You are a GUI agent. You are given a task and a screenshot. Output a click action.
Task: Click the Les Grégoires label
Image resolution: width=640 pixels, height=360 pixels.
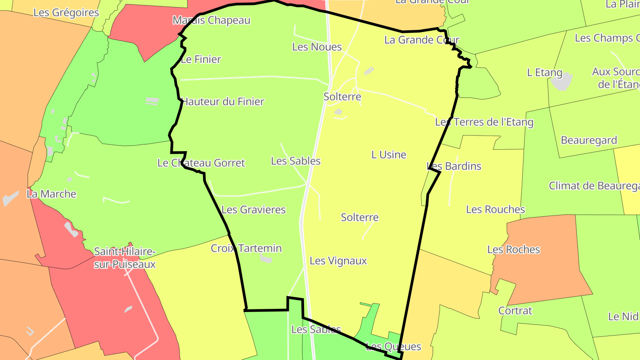pyautogui.click(x=66, y=12)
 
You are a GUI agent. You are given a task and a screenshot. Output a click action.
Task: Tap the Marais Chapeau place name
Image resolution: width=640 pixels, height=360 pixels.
pyautogui.click(x=212, y=20)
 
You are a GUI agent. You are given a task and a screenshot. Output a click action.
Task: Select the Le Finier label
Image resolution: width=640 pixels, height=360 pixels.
pyautogui.click(x=201, y=59)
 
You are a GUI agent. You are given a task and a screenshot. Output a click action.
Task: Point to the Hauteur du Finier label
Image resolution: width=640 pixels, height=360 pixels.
pyautogui.click(x=223, y=102)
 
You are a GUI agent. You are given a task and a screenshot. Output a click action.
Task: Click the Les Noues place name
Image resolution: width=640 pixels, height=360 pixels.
pyautogui.click(x=317, y=47)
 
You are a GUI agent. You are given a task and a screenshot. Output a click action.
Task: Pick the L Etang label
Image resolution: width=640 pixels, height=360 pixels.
pyautogui.click(x=544, y=72)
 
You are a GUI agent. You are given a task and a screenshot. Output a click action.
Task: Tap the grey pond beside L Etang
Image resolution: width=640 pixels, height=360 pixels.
pyautogui.click(x=561, y=81)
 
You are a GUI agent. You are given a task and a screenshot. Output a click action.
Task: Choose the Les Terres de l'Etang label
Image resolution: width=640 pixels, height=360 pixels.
pyautogui.click(x=484, y=122)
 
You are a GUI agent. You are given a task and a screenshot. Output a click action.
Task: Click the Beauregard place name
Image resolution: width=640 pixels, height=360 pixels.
pyautogui.click(x=589, y=140)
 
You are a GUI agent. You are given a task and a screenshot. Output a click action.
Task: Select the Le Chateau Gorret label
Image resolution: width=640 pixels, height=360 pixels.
pyautogui.click(x=201, y=163)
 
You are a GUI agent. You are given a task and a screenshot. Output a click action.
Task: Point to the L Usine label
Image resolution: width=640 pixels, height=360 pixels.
pyautogui.click(x=389, y=155)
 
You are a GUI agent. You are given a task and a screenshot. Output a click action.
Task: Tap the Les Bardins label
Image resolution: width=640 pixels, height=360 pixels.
pyautogui.click(x=454, y=166)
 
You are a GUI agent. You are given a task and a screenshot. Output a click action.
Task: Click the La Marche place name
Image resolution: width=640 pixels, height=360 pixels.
pyautogui.click(x=52, y=194)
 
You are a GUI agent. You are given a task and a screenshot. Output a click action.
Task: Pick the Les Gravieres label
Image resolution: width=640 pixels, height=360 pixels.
pyautogui.click(x=253, y=210)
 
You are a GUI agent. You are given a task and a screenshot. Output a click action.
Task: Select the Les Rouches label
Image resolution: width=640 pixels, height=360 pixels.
pyautogui.click(x=495, y=209)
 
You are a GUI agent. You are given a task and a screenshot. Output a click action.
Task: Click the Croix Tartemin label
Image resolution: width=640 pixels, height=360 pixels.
pyautogui.click(x=246, y=248)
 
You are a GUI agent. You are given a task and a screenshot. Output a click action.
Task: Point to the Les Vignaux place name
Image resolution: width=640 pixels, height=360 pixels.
pyautogui.click(x=338, y=261)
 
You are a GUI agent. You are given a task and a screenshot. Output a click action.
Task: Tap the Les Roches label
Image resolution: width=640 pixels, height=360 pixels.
pyautogui.click(x=513, y=250)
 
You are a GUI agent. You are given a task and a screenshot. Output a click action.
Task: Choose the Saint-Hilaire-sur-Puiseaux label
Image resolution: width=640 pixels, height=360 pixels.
pyautogui.click(x=125, y=258)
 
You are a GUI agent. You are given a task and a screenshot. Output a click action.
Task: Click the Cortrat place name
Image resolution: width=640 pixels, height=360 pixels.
pyautogui.click(x=515, y=311)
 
